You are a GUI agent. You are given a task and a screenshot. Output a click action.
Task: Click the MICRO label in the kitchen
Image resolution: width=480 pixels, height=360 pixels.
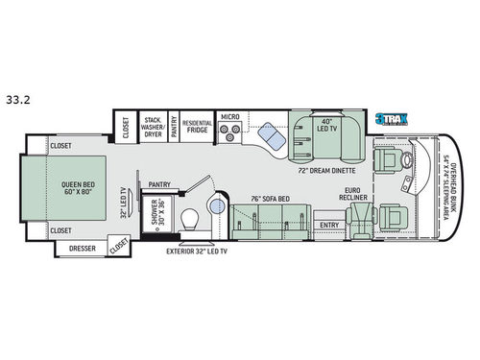(229, 117)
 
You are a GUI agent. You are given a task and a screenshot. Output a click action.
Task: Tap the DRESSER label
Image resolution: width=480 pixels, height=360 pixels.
(84, 248)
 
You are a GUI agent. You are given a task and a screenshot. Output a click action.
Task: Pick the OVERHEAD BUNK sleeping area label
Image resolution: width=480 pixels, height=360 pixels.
(447, 190)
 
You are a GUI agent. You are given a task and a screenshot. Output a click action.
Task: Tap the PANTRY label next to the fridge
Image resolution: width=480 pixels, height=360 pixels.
(174, 126)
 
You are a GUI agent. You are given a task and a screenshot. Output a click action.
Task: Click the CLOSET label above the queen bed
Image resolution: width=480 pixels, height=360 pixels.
(61, 147)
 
